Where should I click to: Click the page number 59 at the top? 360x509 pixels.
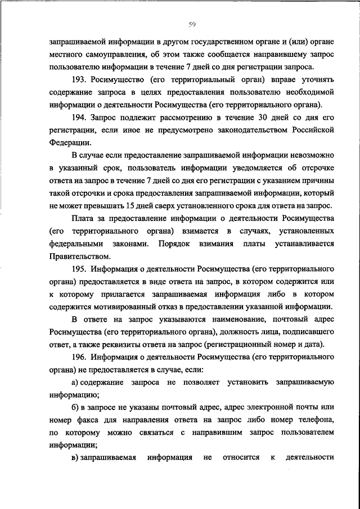192,24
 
